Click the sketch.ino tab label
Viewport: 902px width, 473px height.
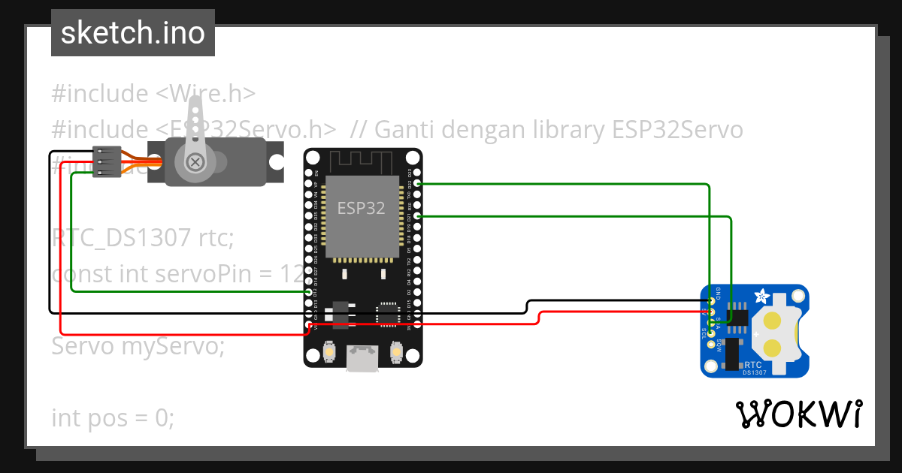coord(132,33)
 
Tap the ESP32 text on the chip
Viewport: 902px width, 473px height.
coord(361,208)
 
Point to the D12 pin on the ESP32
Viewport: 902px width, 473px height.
coord(309,292)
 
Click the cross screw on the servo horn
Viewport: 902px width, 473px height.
coord(195,161)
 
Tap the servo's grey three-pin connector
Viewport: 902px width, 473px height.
coord(107,162)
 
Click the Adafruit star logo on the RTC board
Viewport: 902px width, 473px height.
coord(758,296)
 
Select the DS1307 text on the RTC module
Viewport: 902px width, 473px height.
coord(754,372)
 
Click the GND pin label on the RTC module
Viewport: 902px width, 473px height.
coord(719,292)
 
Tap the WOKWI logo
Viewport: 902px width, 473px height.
coord(799,414)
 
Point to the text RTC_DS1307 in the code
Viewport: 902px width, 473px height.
coord(121,238)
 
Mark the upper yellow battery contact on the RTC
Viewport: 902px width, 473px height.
coord(773,321)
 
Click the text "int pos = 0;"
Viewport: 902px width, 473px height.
coord(113,417)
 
